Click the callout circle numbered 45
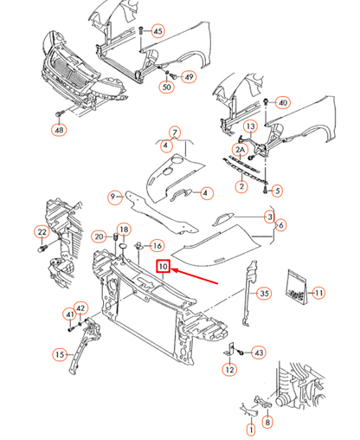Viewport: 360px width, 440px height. click(x=157, y=31)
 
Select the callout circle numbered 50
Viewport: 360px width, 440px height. click(x=166, y=87)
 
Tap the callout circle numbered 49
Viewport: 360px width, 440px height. click(x=189, y=77)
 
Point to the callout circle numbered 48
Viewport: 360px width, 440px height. click(x=58, y=131)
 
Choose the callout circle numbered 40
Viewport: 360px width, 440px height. click(x=282, y=103)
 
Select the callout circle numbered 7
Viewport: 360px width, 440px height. click(x=177, y=133)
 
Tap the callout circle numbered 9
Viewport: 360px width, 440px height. click(x=113, y=197)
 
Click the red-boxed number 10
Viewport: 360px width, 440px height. click(x=163, y=267)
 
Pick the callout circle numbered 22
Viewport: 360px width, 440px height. click(x=42, y=231)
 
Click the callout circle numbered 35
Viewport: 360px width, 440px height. click(x=265, y=294)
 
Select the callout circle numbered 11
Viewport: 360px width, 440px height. click(x=318, y=294)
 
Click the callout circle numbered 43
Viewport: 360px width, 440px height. click(x=259, y=353)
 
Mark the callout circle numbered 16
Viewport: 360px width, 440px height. click(x=157, y=246)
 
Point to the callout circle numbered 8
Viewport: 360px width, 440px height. click(x=267, y=423)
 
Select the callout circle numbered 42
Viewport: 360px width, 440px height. click(x=80, y=308)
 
